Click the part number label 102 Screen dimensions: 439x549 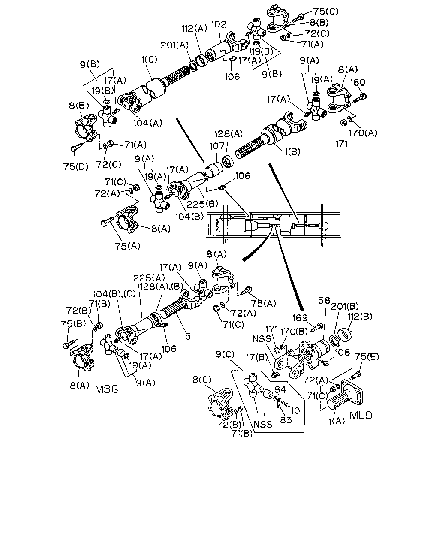(x=219, y=25)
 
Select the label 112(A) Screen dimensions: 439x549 (x=195, y=29)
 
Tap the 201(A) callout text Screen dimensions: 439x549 (x=174, y=45)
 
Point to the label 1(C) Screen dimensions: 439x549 (x=150, y=60)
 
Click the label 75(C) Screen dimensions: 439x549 (x=326, y=11)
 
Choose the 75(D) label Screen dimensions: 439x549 (x=75, y=167)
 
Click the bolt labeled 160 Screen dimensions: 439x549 (x=360, y=98)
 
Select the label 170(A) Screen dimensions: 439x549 (x=363, y=133)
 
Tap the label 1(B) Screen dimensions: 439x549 (x=292, y=152)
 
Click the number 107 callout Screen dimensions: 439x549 (x=217, y=146)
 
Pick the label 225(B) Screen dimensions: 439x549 (x=202, y=204)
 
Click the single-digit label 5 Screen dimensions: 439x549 (x=188, y=336)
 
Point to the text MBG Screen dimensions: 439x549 (x=107, y=389)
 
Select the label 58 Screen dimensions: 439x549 (x=324, y=301)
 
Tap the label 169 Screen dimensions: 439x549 (x=300, y=318)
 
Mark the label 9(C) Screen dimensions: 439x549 (x=225, y=355)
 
